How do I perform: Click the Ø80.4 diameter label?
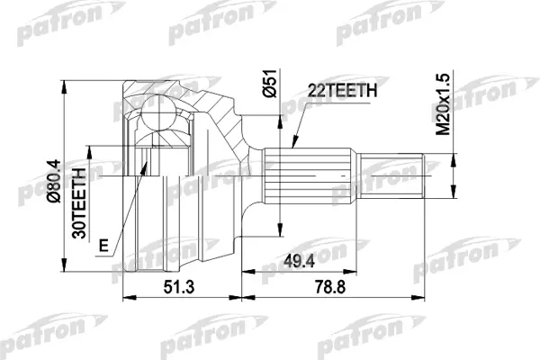(x=54, y=181)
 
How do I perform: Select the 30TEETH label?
(x=79, y=203)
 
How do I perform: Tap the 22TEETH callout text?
(x=342, y=90)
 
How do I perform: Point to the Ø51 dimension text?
(x=270, y=84)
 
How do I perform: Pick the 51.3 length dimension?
(x=179, y=287)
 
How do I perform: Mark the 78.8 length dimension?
(x=330, y=287)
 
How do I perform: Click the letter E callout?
(x=103, y=246)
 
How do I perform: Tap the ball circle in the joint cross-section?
(x=158, y=112)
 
